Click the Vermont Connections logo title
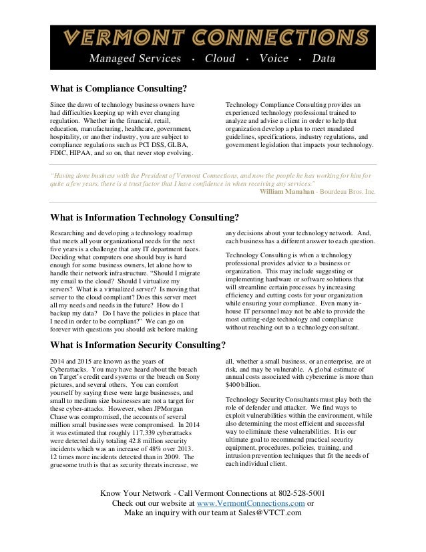[x=213, y=37]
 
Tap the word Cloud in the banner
[x=220, y=59]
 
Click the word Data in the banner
[x=324, y=59]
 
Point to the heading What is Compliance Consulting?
[x=118, y=88]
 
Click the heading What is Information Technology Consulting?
[x=144, y=217]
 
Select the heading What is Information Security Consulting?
[x=138, y=346]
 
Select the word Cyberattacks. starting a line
[x=69, y=369]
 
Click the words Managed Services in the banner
[x=136, y=59]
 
